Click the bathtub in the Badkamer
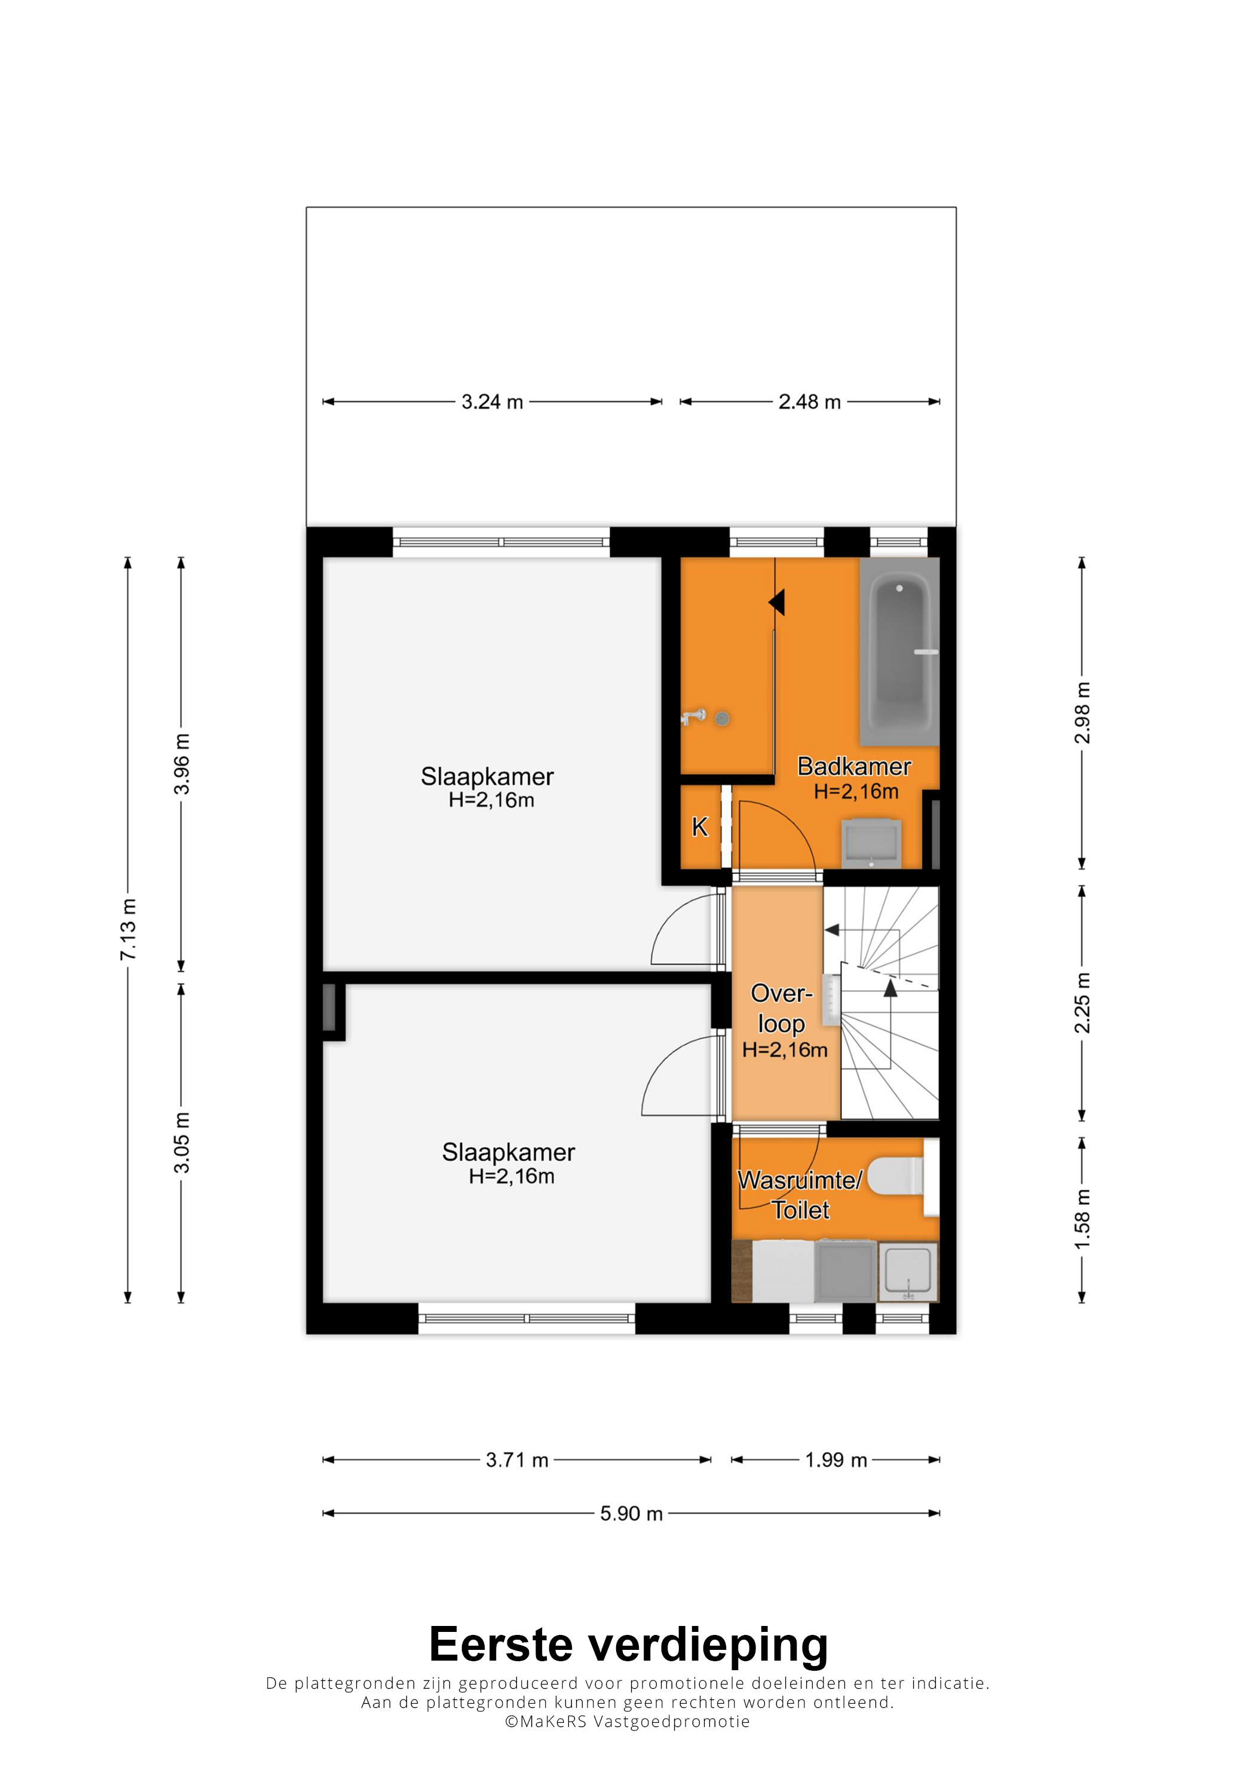899,652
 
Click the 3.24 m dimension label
492,402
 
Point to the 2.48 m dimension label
810,402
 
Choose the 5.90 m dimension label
632,1514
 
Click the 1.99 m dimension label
836,1460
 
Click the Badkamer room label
855,766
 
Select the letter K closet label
700,827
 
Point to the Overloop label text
782,1008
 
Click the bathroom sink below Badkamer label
871,843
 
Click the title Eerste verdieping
629,1647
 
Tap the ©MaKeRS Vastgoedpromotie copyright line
627,1721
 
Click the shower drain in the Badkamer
723,719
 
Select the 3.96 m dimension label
181,764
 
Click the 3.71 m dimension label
518,1460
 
